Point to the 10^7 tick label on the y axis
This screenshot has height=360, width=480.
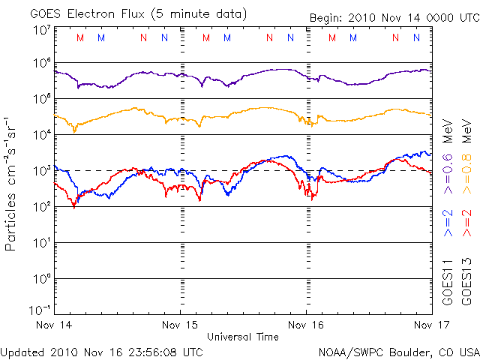click(41, 30)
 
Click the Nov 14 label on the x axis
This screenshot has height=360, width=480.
click(54, 325)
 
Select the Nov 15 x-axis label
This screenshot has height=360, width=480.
click(181, 325)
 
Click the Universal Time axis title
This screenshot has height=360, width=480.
click(242, 337)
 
